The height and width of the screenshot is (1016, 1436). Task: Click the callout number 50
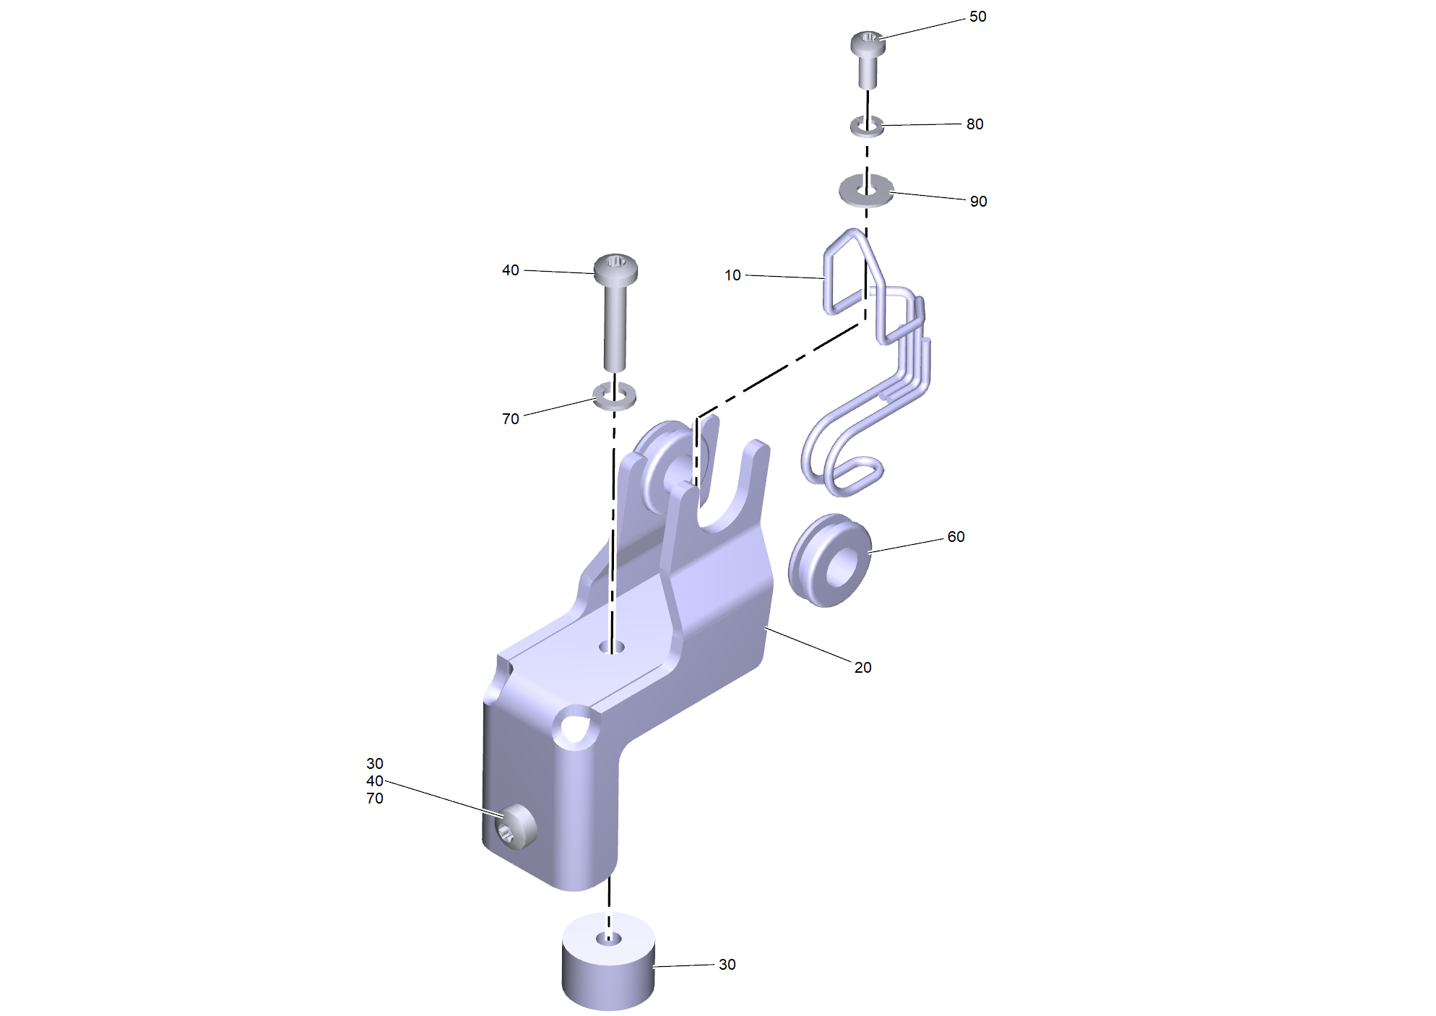977,17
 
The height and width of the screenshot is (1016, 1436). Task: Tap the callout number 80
974,124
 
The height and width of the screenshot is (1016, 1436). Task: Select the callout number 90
978,202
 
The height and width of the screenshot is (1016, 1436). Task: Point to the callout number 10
732,275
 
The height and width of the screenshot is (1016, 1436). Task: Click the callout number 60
956,537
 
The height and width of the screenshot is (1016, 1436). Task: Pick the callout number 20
862,668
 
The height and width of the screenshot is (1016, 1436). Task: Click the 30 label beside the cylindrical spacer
727,965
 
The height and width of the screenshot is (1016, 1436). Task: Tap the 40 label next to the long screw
510,270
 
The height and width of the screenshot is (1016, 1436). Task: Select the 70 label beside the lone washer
510,419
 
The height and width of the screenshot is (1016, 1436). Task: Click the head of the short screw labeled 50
868,42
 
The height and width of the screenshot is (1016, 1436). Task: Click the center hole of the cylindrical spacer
608,939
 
